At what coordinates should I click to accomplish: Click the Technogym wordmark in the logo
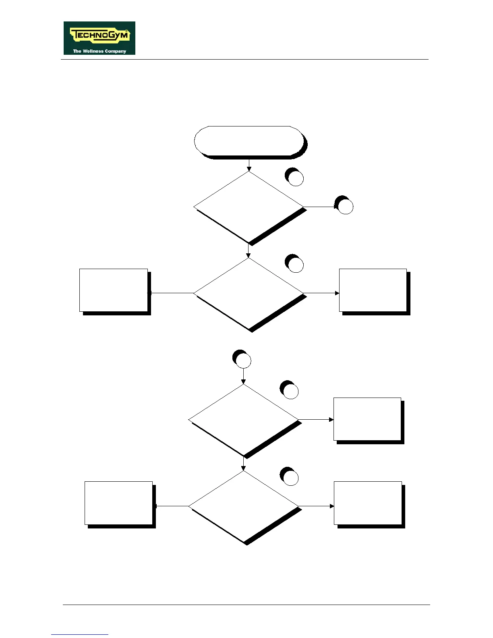tap(99, 35)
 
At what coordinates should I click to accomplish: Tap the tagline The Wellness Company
tap(99, 51)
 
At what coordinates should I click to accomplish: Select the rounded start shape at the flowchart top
tap(249, 141)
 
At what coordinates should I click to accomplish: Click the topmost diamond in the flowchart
tap(249, 207)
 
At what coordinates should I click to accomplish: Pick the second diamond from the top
tap(249, 293)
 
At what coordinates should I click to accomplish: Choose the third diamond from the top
tap(243, 420)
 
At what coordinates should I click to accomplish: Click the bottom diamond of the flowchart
tap(243, 506)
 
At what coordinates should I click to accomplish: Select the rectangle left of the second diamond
tap(114, 290)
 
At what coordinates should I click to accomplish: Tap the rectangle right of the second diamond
tap(373, 290)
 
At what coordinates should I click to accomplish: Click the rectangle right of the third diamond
tap(367, 419)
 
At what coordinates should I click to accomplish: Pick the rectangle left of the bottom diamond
tap(119, 503)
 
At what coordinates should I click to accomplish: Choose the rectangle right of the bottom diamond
tap(368, 503)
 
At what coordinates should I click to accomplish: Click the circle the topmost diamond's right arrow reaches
tap(345, 206)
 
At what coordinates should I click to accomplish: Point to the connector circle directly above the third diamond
tap(243, 360)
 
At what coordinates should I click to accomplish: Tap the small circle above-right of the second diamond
tap(295, 265)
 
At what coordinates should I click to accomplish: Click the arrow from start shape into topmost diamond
tap(249, 166)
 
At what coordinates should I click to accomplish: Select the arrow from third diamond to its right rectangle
tap(316, 420)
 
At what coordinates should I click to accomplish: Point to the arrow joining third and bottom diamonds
tap(243, 464)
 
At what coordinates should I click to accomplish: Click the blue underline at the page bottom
tap(80, 634)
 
